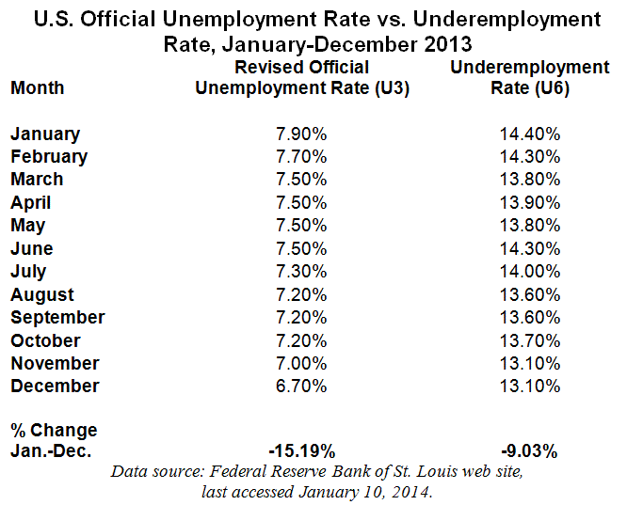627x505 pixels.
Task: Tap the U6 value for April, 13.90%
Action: click(x=530, y=202)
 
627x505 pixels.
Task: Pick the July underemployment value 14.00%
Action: click(x=530, y=271)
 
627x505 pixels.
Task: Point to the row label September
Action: click(x=57, y=317)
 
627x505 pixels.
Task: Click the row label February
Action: click(x=49, y=156)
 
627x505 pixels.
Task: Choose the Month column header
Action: click(x=38, y=87)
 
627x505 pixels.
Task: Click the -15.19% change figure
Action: click(x=300, y=451)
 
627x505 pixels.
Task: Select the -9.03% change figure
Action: click(x=530, y=451)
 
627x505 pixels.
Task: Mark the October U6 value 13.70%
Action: click(x=530, y=340)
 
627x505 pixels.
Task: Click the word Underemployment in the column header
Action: click(x=530, y=67)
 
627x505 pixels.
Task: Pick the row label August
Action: click(x=42, y=294)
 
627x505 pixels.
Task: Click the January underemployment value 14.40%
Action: click(x=530, y=134)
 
